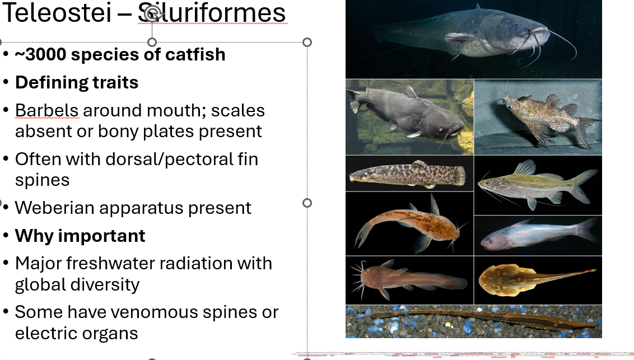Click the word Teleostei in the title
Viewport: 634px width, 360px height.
(56, 13)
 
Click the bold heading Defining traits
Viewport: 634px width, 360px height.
(77, 82)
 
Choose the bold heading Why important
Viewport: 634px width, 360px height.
(80, 236)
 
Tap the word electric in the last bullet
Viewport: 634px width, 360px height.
(44, 333)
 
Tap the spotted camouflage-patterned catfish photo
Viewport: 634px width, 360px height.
(409, 174)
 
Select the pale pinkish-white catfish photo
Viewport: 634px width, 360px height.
(538, 236)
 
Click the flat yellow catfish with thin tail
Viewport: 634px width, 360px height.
(538, 279)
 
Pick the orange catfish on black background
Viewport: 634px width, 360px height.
(409, 223)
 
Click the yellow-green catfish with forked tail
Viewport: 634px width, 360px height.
(538, 185)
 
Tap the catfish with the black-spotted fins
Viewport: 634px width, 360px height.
(538, 116)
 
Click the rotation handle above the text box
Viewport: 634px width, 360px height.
(152, 12)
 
